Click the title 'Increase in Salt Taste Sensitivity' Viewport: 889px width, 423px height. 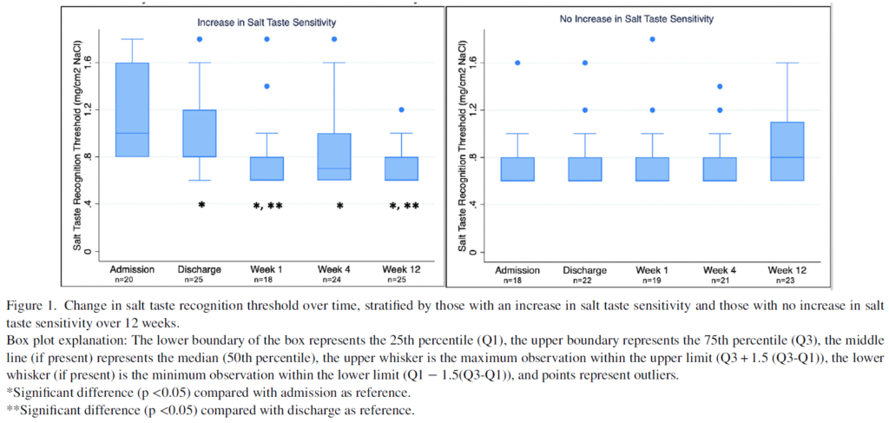tap(267, 22)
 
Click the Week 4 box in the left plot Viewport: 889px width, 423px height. tap(334, 156)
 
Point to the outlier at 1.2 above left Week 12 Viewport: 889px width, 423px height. tap(402, 110)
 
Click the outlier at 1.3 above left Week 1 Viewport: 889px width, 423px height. tap(267, 86)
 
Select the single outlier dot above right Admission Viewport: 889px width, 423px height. tap(518, 63)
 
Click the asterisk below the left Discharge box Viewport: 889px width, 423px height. tap(201, 206)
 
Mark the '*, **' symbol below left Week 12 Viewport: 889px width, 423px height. tap(402, 206)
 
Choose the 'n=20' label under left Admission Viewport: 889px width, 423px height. tap(131, 280)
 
